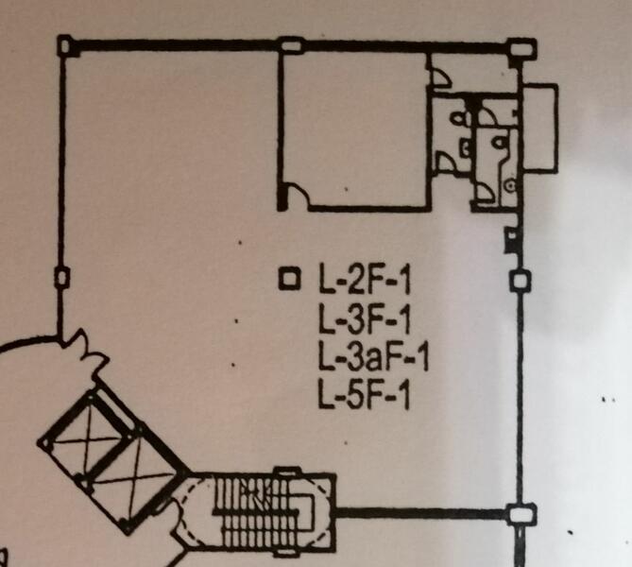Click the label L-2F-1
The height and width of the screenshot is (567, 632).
(x=365, y=278)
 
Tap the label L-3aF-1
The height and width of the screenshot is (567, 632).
(x=373, y=356)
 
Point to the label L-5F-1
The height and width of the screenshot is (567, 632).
(x=365, y=394)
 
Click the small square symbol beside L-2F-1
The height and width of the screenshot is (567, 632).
(x=290, y=279)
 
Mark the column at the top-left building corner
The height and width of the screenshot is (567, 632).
(x=66, y=46)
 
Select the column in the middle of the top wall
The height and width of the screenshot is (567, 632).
(x=291, y=44)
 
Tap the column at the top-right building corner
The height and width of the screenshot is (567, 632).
(x=522, y=49)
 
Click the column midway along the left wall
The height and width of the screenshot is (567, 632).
(x=62, y=278)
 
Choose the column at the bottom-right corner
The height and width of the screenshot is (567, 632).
(x=521, y=514)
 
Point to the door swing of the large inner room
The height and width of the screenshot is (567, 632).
(x=297, y=196)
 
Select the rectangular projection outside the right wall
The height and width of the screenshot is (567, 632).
(x=540, y=128)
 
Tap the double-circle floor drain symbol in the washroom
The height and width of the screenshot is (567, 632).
(x=511, y=185)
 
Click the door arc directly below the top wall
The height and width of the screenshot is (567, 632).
(x=441, y=77)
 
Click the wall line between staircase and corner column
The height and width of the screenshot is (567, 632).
(x=421, y=513)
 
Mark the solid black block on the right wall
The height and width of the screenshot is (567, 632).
(x=511, y=240)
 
